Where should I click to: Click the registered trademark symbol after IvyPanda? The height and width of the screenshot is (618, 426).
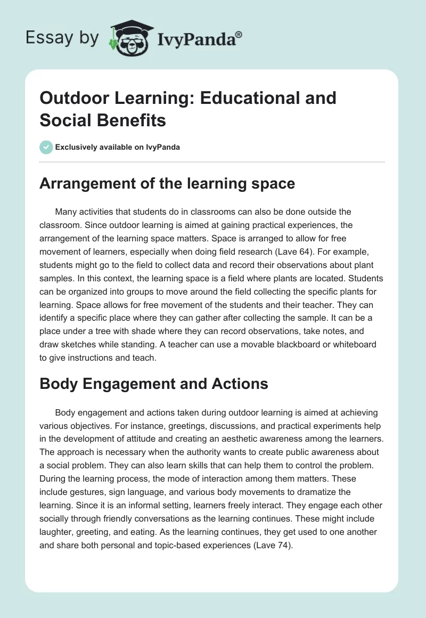(x=239, y=34)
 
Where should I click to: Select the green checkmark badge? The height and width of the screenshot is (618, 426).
(x=46, y=147)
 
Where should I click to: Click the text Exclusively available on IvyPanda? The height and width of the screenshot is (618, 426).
(x=118, y=147)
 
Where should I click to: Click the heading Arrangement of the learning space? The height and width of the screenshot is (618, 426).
(x=167, y=184)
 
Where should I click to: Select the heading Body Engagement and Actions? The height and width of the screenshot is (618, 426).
(x=154, y=384)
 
